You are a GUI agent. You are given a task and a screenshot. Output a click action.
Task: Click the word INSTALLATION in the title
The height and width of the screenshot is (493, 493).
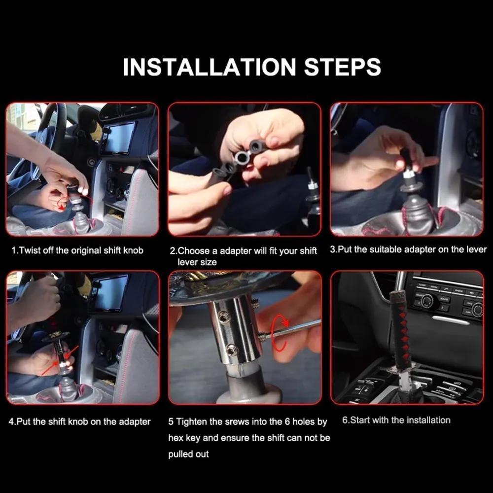point(210,67)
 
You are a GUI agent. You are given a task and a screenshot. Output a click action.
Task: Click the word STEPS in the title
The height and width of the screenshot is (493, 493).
point(343,67)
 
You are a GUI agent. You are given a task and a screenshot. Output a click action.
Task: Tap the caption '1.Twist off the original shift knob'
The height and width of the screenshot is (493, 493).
point(77,250)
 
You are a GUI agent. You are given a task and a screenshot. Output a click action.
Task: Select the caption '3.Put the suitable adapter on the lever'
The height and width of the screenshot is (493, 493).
point(408,249)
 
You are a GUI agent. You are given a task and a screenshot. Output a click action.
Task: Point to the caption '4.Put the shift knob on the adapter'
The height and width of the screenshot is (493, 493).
point(79,422)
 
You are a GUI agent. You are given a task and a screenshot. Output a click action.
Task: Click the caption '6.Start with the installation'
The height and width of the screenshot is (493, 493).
point(396,420)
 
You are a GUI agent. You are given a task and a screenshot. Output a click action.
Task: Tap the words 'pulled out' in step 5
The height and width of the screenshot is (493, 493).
point(188,454)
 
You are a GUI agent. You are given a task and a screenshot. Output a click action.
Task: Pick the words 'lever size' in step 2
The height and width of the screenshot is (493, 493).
point(197,262)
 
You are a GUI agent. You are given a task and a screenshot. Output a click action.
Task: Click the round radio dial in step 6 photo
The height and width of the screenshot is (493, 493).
point(426,301)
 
